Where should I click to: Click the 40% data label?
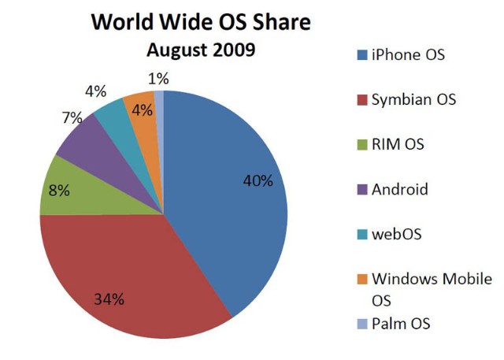tap(258, 181)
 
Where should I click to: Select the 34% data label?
tap(110, 299)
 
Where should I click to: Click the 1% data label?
tap(157, 79)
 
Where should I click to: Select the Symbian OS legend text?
tap(413, 100)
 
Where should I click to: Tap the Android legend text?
tap(400, 189)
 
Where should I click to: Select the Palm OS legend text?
tap(402, 324)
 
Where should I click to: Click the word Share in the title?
tap(276, 22)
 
